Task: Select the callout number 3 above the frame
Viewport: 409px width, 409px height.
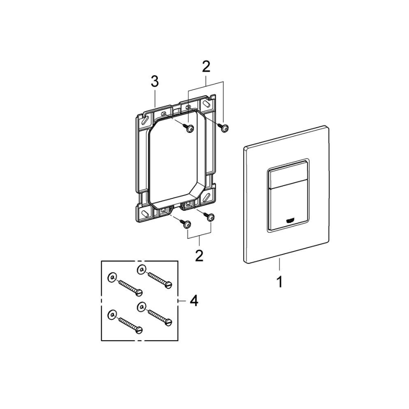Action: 155,81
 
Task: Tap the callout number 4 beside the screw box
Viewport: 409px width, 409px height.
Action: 193,300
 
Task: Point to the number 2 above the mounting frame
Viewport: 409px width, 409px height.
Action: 206,66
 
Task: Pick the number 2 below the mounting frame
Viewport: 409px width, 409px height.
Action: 199,256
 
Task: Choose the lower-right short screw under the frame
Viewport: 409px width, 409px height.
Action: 211,217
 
